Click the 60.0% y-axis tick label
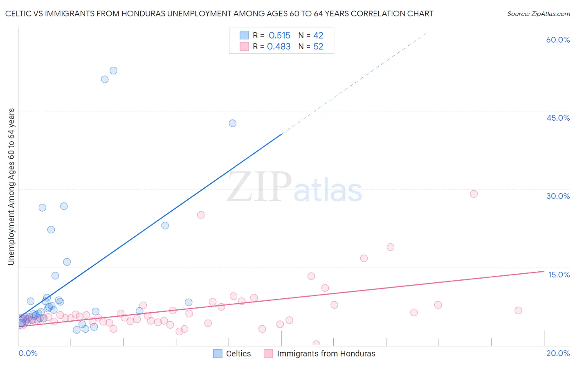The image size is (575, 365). pos(558,40)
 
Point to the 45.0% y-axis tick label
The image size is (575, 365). pos(558,118)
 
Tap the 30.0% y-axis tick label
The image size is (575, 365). pos(558,196)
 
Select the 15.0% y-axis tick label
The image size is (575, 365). pos(559,275)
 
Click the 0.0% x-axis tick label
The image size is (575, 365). pos(28,353)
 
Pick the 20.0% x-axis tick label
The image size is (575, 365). pos(558,353)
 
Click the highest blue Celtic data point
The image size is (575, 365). pos(113,70)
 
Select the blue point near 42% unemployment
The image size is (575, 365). pos(232,123)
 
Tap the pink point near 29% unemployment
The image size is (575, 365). pos(474,194)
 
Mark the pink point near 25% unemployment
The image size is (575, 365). pos(201,215)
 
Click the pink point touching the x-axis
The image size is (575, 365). pos(316,344)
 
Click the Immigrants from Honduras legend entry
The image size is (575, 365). pos(326,354)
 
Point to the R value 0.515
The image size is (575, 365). pos(279,36)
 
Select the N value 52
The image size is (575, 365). pos(318,47)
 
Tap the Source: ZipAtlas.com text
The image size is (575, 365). pos(538,14)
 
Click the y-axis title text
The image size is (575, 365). pos(11,186)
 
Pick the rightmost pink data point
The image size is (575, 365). pos(518,310)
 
